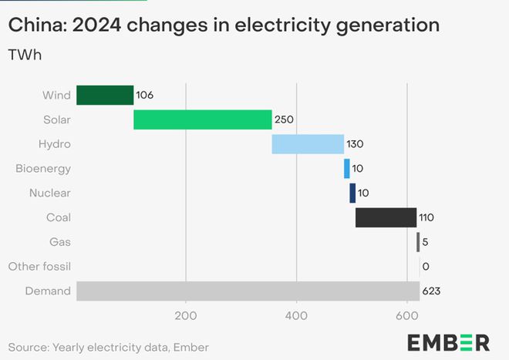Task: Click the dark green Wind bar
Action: pos(105,96)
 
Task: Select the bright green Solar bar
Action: pos(203,120)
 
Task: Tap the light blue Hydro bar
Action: pos(308,144)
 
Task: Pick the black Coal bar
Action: pos(386,217)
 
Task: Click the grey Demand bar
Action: pos(248,291)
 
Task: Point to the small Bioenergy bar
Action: pos(347,169)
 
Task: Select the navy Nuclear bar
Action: pos(352,193)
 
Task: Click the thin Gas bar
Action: pos(418,242)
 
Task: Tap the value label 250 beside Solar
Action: pos(284,120)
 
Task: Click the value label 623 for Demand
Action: pos(431,291)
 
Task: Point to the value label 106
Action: pos(145,96)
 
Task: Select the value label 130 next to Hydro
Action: pos(355,144)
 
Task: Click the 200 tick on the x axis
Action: pos(186,315)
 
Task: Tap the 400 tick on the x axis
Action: pos(296,315)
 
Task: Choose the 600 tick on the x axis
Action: pos(406,315)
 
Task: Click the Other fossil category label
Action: pos(39,267)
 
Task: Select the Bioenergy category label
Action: pos(43,169)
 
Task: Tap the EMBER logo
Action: pos(448,342)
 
